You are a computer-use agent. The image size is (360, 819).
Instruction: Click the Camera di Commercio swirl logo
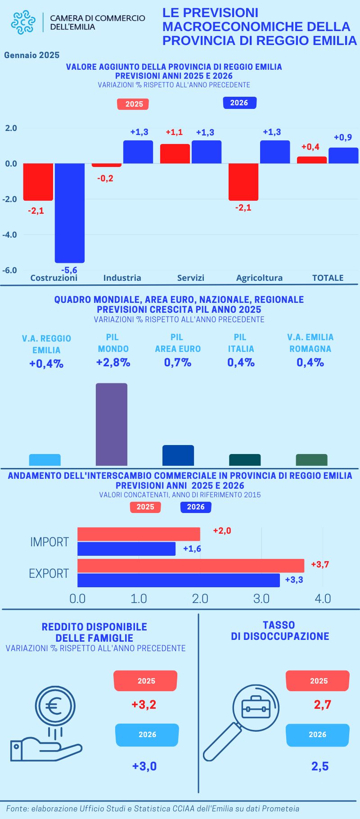pos(23,22)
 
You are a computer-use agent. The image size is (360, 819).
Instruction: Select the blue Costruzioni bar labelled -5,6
pos(70,213)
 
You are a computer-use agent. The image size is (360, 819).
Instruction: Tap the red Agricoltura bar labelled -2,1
pos(243,182)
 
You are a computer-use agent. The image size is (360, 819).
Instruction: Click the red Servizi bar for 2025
pos(175,153)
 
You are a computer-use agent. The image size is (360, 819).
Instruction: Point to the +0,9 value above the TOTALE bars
pos(343,137)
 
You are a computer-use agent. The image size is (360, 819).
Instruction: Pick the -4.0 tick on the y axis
pos(10,235)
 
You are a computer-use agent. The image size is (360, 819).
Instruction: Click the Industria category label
pos(122,278)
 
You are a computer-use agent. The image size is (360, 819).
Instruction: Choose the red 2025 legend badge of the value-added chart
pos(133,104)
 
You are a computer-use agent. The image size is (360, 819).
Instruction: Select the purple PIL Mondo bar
pos(112,424)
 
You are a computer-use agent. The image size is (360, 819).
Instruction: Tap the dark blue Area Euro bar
pos(178,455)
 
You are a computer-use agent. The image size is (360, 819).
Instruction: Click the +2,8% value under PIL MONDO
pos(113,363)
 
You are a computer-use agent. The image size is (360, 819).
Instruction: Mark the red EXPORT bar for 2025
pos(191,566)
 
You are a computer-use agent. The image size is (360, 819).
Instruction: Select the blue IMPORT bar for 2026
pos(126,549)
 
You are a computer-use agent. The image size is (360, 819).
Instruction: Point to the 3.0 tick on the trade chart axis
pos(261,598)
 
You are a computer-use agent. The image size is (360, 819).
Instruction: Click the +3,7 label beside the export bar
pos(320,564)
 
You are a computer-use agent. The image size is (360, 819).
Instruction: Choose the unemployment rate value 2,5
pos(320,766)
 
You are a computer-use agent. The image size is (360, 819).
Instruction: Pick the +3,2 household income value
pos(144,704)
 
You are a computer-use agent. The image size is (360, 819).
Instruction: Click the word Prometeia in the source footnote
pos(280,809)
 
